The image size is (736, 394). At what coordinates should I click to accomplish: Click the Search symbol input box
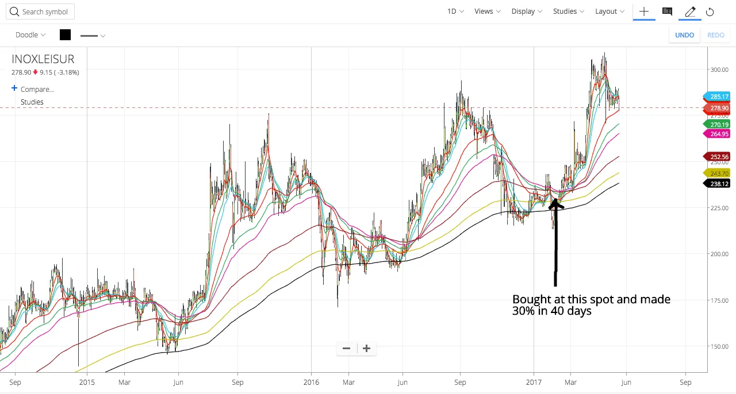coord(40,11)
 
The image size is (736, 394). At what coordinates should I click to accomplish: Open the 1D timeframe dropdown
coord(455,11)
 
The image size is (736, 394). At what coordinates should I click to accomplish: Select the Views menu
coord(487,11)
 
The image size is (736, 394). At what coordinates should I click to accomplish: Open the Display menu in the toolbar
coord(526,11)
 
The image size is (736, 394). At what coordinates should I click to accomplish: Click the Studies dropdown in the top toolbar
coord(568,11)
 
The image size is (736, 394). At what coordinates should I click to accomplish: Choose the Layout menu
coord(609,11)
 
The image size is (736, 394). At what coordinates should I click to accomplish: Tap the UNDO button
coord(684,35)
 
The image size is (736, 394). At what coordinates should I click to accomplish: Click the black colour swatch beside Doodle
coord(65,35)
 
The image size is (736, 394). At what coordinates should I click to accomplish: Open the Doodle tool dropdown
coord(30,35)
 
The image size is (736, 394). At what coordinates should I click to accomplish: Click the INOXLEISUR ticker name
coord(43,59)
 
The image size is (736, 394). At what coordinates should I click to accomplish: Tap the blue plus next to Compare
coord(14,88)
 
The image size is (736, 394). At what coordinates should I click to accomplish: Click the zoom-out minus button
coord(346,348)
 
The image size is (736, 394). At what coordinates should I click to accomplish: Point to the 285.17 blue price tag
coord(718,96)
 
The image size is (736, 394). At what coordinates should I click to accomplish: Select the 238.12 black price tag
coord(718,184)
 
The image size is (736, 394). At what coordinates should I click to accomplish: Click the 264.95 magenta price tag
coord(718,134)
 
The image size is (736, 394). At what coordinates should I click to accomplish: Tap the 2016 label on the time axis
coord(311,382)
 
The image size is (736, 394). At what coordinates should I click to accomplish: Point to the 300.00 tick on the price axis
coord(719,69)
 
